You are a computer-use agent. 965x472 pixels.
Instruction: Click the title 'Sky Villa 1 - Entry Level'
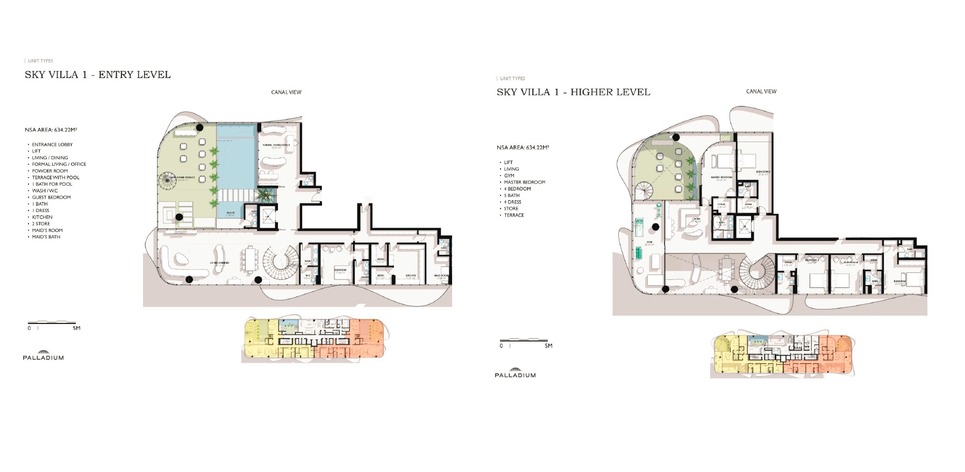click(x=98, y=75)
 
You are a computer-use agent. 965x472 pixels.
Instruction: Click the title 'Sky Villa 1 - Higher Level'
click(x=573, y=92)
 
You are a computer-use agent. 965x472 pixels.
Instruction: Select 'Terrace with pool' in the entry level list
click(x=55, y=178)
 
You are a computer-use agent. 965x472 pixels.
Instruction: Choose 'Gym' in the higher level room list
click(x=509, y=175)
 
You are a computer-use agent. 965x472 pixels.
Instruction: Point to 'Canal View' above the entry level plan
click(x=286, y=92)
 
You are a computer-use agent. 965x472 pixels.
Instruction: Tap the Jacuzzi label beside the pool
click(x=230, y=213)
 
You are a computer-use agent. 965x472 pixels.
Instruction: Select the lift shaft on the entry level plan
click(x=267, y=216)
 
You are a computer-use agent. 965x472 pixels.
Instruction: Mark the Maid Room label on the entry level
click(x=441, y=276)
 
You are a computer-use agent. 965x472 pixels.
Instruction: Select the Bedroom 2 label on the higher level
click(x=764, y=172)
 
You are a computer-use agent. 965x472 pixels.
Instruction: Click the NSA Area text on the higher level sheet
click(x=523, y=147)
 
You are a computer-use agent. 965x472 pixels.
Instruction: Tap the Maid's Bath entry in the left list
click(x=46, y=237)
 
